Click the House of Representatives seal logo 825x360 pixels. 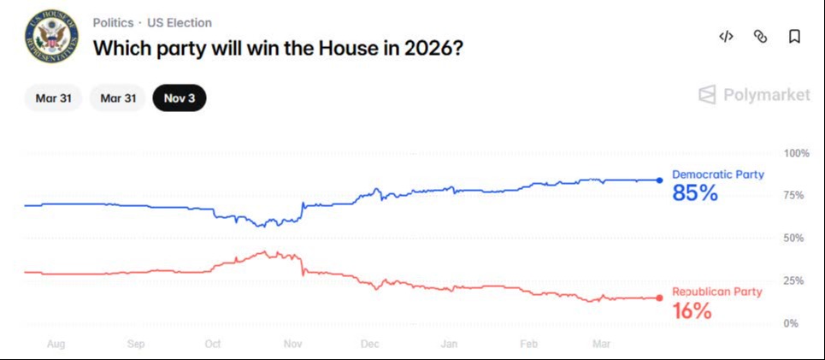tap(51, 35)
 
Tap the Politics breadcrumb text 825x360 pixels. tap(113, 23)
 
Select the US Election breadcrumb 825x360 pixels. tap(180, 23)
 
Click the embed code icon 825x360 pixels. tap(726, 36)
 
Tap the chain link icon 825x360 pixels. tap(760, 36)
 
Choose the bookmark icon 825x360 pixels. tap(794, 36)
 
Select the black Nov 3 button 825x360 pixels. tap(180, 97)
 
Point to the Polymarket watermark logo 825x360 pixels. tap(754, 95)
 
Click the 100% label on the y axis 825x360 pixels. tap(796, 153)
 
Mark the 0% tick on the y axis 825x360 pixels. tap(791, 323)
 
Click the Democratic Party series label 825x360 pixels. tap(717, 174)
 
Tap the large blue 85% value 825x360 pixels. tap(695, 194)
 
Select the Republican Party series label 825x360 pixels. tap(716, 292)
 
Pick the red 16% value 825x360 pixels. tap(692, 311)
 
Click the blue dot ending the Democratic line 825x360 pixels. tap(660, 180)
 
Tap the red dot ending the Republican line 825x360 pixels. tap(660, 298)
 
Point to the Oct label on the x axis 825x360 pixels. tap(213, 345)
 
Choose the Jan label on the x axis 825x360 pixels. tap(449, 345)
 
